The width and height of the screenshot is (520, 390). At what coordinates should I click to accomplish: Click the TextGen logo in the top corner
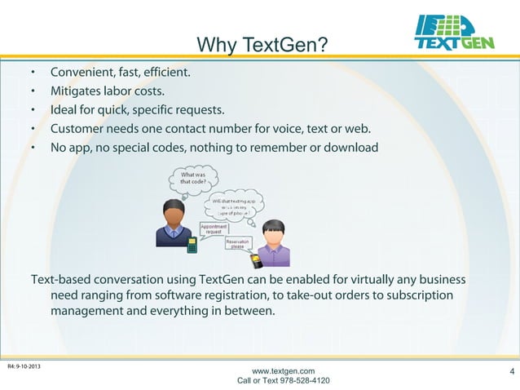[x=453, y=33]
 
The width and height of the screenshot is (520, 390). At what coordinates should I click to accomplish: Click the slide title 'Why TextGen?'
[x=263, y=42]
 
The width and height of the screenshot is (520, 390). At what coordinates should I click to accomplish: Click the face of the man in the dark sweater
[x=174, y=216]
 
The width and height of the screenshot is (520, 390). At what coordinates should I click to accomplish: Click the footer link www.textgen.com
[x=283, y=371]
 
